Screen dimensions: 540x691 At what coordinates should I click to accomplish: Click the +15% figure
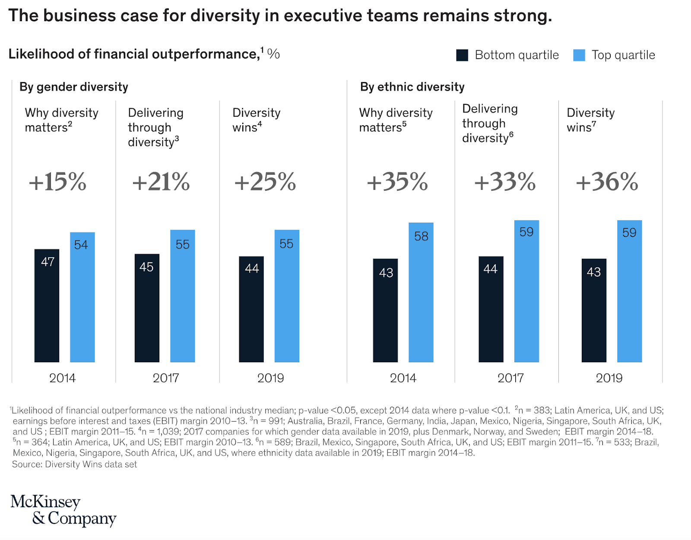[57, 182]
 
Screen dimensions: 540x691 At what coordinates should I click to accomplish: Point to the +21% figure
[161, 182]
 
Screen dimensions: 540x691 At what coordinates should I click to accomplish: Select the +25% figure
[265, 182]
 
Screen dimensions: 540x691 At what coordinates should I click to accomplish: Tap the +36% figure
[607, 182]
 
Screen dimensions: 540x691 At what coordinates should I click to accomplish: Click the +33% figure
[504, 182]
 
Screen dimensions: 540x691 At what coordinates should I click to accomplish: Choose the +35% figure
[397, 182]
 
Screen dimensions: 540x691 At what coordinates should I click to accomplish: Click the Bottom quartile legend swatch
[462, 55]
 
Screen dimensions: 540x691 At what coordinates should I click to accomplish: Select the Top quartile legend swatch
[579, 55]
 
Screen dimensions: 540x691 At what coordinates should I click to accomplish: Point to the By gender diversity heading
[74, 87]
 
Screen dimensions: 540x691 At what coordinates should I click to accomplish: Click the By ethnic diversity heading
[412, 87]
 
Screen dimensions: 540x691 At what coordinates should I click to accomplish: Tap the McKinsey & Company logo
[63, 510]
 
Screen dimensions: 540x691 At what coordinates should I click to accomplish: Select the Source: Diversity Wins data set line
[74, 464]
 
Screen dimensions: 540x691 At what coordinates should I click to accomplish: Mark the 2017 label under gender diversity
[166, 378]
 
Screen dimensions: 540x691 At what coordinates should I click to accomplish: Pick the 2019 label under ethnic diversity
[609, 378]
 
